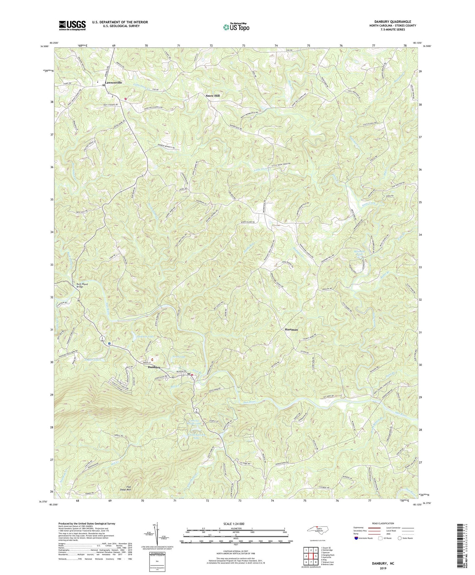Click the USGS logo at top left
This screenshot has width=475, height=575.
[72, 25]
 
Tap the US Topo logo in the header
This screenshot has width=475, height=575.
[236, 27]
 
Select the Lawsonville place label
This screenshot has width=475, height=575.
[113, 83]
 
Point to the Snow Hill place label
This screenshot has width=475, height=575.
[212, 96]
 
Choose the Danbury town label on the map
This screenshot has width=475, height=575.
[154, 367]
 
